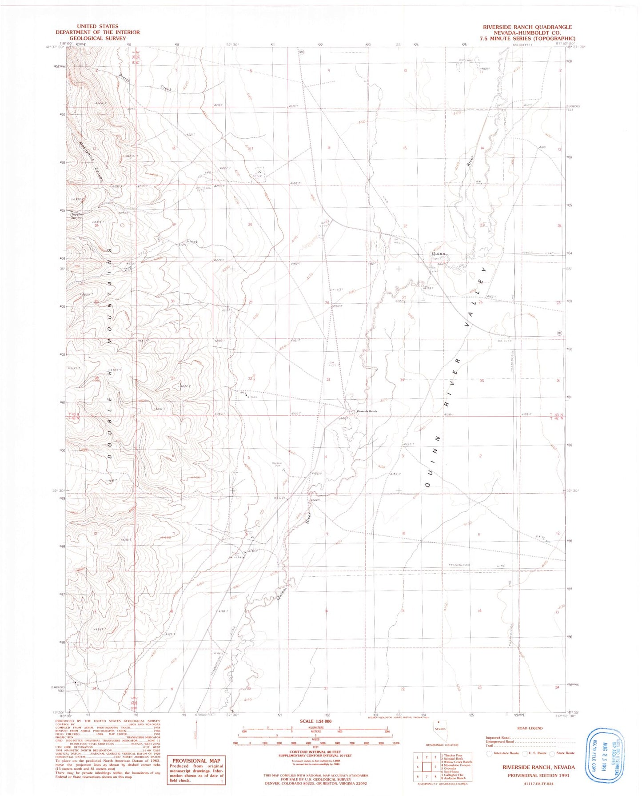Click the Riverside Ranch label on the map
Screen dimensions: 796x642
[x=366, y=411]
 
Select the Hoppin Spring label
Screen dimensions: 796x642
[x=76, y=216]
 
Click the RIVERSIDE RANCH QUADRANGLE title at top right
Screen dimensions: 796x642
[x=527, y=27]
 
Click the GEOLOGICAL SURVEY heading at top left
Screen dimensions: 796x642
[x=97, y=38]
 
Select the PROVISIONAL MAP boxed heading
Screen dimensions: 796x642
[x=196, y=761]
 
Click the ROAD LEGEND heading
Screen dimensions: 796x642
[x=530, y=728]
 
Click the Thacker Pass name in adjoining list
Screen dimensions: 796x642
[x=452, y=755]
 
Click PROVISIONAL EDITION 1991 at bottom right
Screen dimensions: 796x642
[x=539, y=775]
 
